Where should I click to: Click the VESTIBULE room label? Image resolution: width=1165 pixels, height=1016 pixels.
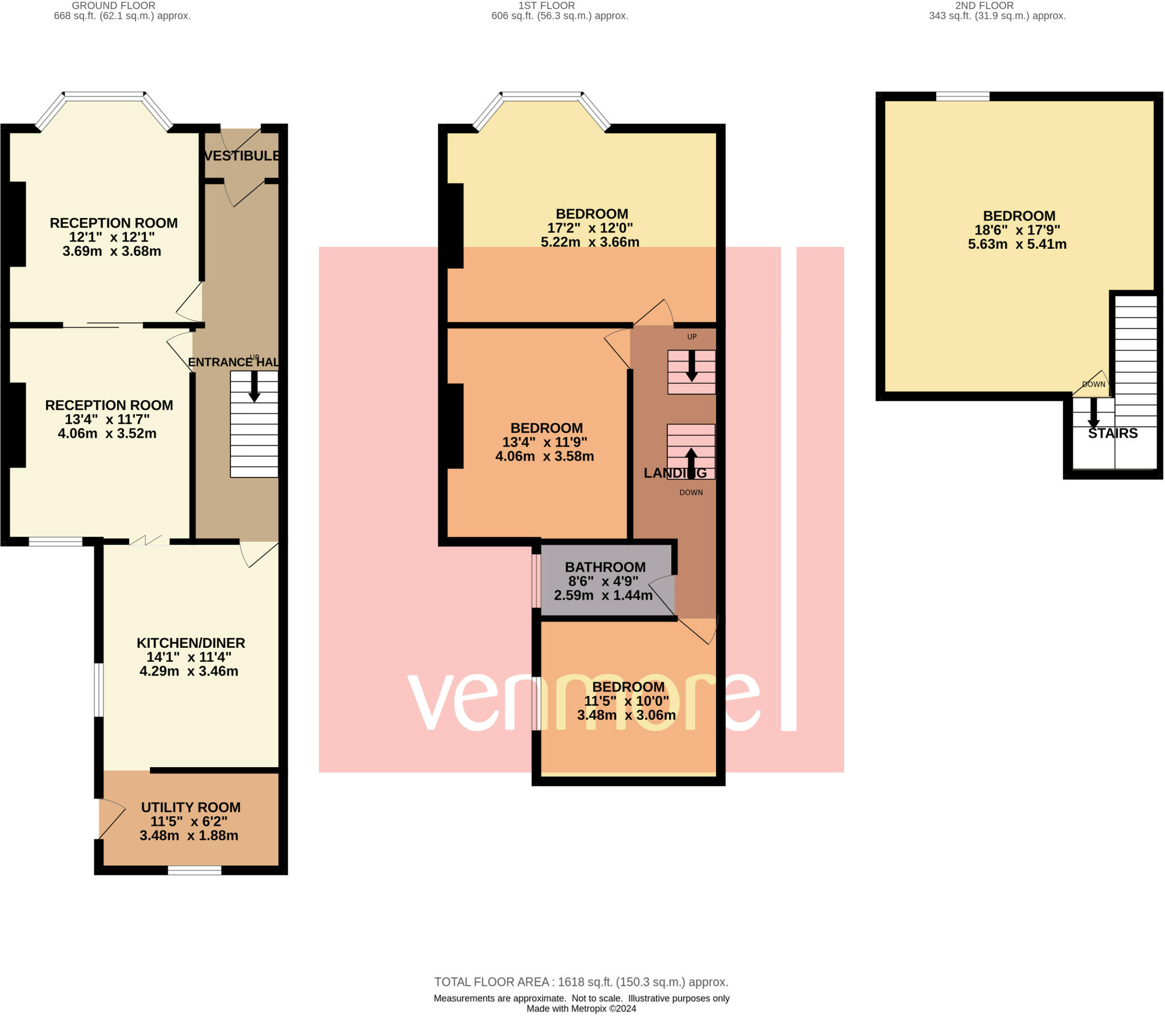pos(242,155)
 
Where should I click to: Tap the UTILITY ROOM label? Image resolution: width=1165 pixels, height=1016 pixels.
pos(191,807)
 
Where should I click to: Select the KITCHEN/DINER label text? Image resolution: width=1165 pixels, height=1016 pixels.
pos(191,643)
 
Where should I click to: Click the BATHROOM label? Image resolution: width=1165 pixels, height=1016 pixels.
pos(605,567)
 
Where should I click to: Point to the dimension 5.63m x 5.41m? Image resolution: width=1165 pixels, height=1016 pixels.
pos(1017,244)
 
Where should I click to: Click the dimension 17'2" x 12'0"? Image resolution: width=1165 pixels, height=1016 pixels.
pos(590,228)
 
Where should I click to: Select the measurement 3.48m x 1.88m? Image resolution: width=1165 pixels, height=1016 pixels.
pos(189,835)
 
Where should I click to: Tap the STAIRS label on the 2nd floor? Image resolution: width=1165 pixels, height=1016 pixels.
pos(1113,433)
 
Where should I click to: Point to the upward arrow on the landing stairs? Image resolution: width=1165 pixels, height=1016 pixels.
pos(691,463)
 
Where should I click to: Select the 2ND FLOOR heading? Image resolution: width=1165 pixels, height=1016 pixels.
pos(984,6)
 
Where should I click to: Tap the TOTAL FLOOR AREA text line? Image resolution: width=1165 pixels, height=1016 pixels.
pos(581,982)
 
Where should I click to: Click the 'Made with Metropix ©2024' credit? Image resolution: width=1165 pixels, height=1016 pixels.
pos(581,1009)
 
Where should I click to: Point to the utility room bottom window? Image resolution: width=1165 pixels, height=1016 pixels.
pos(195,870)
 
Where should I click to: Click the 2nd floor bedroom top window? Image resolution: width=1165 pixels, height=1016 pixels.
pos(963,96)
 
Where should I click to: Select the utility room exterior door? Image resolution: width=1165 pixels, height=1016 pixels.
pos(111,818)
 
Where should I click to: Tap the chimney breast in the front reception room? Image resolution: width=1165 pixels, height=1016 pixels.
pos(18,224)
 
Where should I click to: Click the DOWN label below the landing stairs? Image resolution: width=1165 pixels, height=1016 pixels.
pos(691,492)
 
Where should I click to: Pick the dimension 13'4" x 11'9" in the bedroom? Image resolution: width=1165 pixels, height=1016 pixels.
pos(544,442)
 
